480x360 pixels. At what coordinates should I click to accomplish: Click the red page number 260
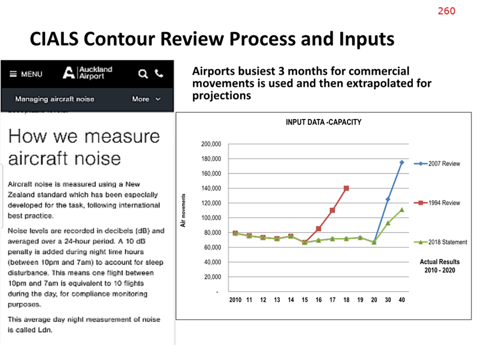click(x=446, y=11)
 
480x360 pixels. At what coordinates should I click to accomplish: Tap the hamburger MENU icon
click(x=13, y=74)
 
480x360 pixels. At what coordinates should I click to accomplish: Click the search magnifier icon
click(x=143, y=74)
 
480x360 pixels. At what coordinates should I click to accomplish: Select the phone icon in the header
click(x=159, y=74)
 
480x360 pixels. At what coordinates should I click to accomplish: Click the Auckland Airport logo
click(x=87, y=73)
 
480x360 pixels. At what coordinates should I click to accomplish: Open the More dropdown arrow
click(x=158, y=99)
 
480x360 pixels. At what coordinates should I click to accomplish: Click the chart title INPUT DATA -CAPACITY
click(x=323, y=122)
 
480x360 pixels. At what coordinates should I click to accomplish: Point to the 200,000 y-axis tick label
click(x=211, y=144)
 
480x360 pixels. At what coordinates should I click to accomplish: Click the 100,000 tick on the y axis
click(x=211, y=218)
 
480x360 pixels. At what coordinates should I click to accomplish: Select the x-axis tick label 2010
click(x=235, y=299)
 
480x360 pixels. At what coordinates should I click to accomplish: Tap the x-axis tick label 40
click(x=401, y=299)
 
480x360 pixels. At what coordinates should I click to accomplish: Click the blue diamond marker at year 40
click(x=401, y=163)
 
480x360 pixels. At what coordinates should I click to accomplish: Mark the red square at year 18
click(x=346, y=188)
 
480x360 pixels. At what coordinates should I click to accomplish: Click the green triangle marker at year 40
click(x=401, y=209)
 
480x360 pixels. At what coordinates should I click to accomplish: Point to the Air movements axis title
click(x=183, y=211)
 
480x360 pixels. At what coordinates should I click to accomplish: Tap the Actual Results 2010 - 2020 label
click(x=440, y=266)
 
